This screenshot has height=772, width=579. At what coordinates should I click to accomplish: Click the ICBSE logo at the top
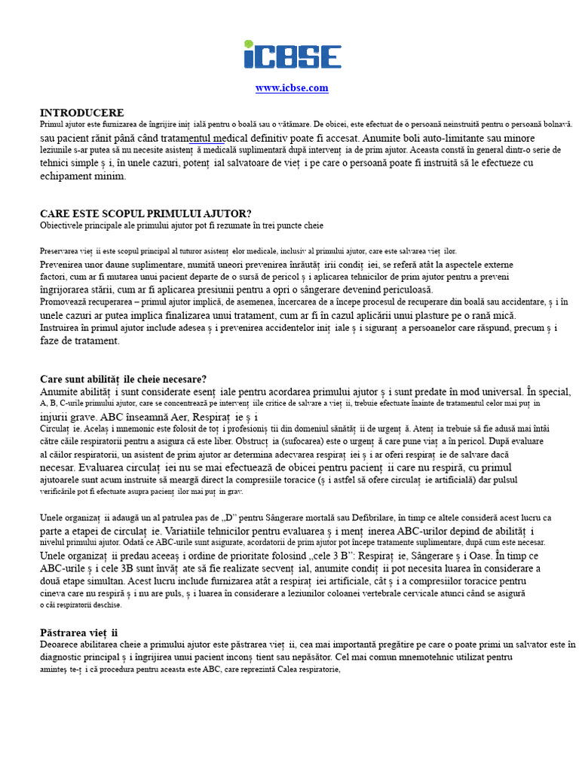[x=292, y=55]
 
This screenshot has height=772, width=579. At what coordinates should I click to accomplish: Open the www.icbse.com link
[x=292, y=88]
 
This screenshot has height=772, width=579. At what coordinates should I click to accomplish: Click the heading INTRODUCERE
[x=81, y=112]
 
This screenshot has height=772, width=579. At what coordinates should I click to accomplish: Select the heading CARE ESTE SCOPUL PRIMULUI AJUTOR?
[x=146, y=214]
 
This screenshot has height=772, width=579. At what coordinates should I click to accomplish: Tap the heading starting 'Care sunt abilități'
[x=123, y=379]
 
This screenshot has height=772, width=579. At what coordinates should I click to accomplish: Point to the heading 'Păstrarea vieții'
[x=79, y=632]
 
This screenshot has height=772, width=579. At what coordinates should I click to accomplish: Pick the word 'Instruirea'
[x=63, y=328]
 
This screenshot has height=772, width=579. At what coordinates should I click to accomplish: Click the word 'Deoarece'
[x=60, y=645]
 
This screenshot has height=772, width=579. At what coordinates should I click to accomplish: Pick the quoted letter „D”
[x=230, y=518]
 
